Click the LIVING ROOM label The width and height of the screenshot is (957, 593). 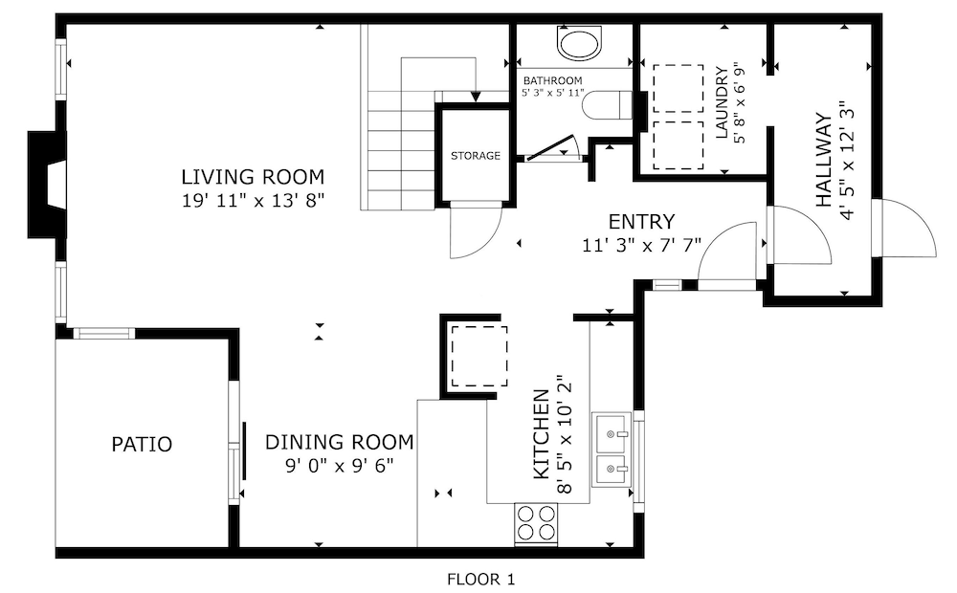pos(253,177)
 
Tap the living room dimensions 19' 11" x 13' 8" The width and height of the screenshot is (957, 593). pos(253,200)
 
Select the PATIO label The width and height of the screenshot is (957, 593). pos(142,444)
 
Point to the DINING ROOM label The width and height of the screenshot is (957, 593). pos(340,442)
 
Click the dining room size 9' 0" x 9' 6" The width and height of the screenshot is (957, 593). pos(340,466)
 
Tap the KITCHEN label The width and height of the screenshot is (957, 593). pos(542,434)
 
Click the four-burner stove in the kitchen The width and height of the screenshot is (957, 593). pos(537,523)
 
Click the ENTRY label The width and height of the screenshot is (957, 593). pos(641,221)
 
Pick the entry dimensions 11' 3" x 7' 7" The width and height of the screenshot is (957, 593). pos(641,245)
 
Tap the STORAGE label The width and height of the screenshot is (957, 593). pos(476,156)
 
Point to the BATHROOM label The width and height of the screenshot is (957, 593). pos(552,80)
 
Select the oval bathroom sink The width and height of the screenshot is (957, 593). pos(579,44)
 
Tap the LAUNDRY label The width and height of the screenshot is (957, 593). pos(722,102)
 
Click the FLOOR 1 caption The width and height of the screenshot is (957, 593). pos(481,579)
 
